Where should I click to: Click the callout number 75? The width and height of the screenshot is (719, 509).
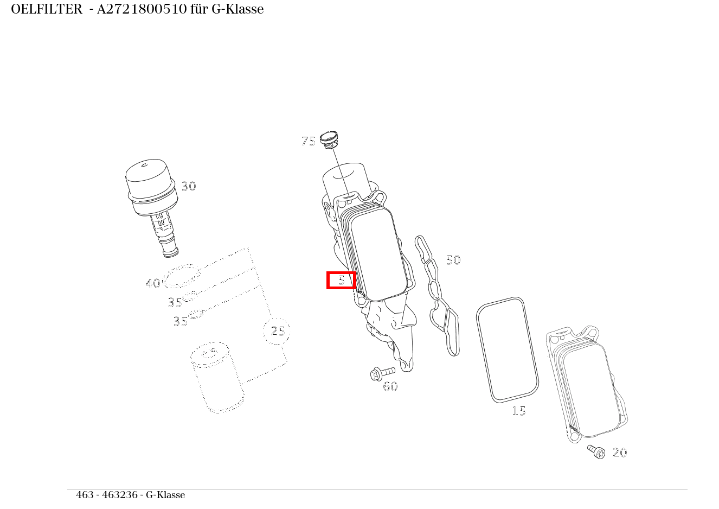click(308, 142)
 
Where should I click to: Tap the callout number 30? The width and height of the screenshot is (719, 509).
click(188, 186)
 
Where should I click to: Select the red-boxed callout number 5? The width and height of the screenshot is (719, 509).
click(341, 280)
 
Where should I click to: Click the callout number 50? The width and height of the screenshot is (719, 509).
click(453, 260)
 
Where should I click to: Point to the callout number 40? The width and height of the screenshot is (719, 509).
click(152, 283)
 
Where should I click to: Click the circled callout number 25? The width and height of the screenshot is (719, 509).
click(278, 330)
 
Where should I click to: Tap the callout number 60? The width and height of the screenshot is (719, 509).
click(390, 386)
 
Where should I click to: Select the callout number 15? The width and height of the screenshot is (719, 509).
click(519, 411)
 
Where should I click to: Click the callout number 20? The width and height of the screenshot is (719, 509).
click(619, 453)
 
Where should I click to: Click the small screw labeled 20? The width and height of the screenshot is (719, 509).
click(596, 451)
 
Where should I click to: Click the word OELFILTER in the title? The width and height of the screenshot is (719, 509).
click(46, 9)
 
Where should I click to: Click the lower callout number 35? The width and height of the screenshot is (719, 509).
click(180, 321)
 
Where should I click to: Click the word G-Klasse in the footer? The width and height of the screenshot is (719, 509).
click(165, 495)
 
